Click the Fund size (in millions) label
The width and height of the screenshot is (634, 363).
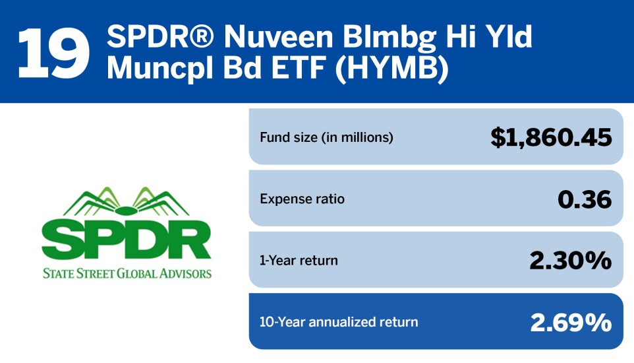326,138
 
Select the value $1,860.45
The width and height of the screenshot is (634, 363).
551,137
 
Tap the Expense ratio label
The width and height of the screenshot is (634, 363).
302,199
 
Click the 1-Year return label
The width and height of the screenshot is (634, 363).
299,260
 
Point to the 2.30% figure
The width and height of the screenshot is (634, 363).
570,260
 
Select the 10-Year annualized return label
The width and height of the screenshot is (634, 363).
339,322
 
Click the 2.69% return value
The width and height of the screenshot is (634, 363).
570,322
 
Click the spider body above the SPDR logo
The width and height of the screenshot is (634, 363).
126,211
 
